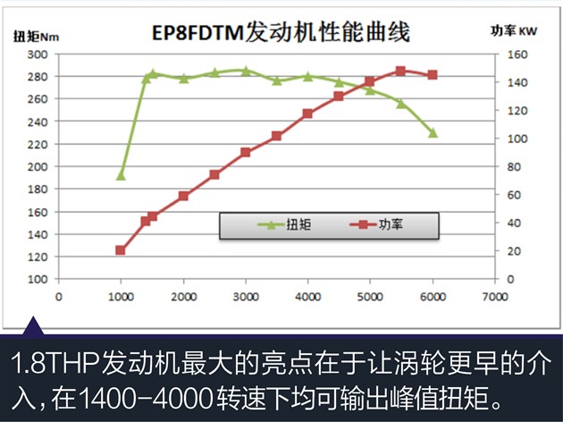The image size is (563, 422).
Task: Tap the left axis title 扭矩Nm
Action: tap(36, 37)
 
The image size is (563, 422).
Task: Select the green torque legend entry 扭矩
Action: tap(287, 224)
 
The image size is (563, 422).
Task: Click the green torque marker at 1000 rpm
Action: tap(122, 174)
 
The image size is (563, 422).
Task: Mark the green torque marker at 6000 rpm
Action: tap(433, 132)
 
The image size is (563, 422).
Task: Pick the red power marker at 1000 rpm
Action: tap(121, 250)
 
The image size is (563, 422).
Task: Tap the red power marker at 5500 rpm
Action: tap(400, 71)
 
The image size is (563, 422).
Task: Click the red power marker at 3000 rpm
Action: tap(246, 152)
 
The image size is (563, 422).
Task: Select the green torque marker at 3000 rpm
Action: tap(246, 70)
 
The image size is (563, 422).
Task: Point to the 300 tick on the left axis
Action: tap(37, 55)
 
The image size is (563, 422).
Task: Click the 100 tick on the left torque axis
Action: tap(37, 279)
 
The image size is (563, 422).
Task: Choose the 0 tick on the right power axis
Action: tap(511, 279)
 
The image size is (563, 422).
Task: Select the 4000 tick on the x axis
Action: tap(307, 296)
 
